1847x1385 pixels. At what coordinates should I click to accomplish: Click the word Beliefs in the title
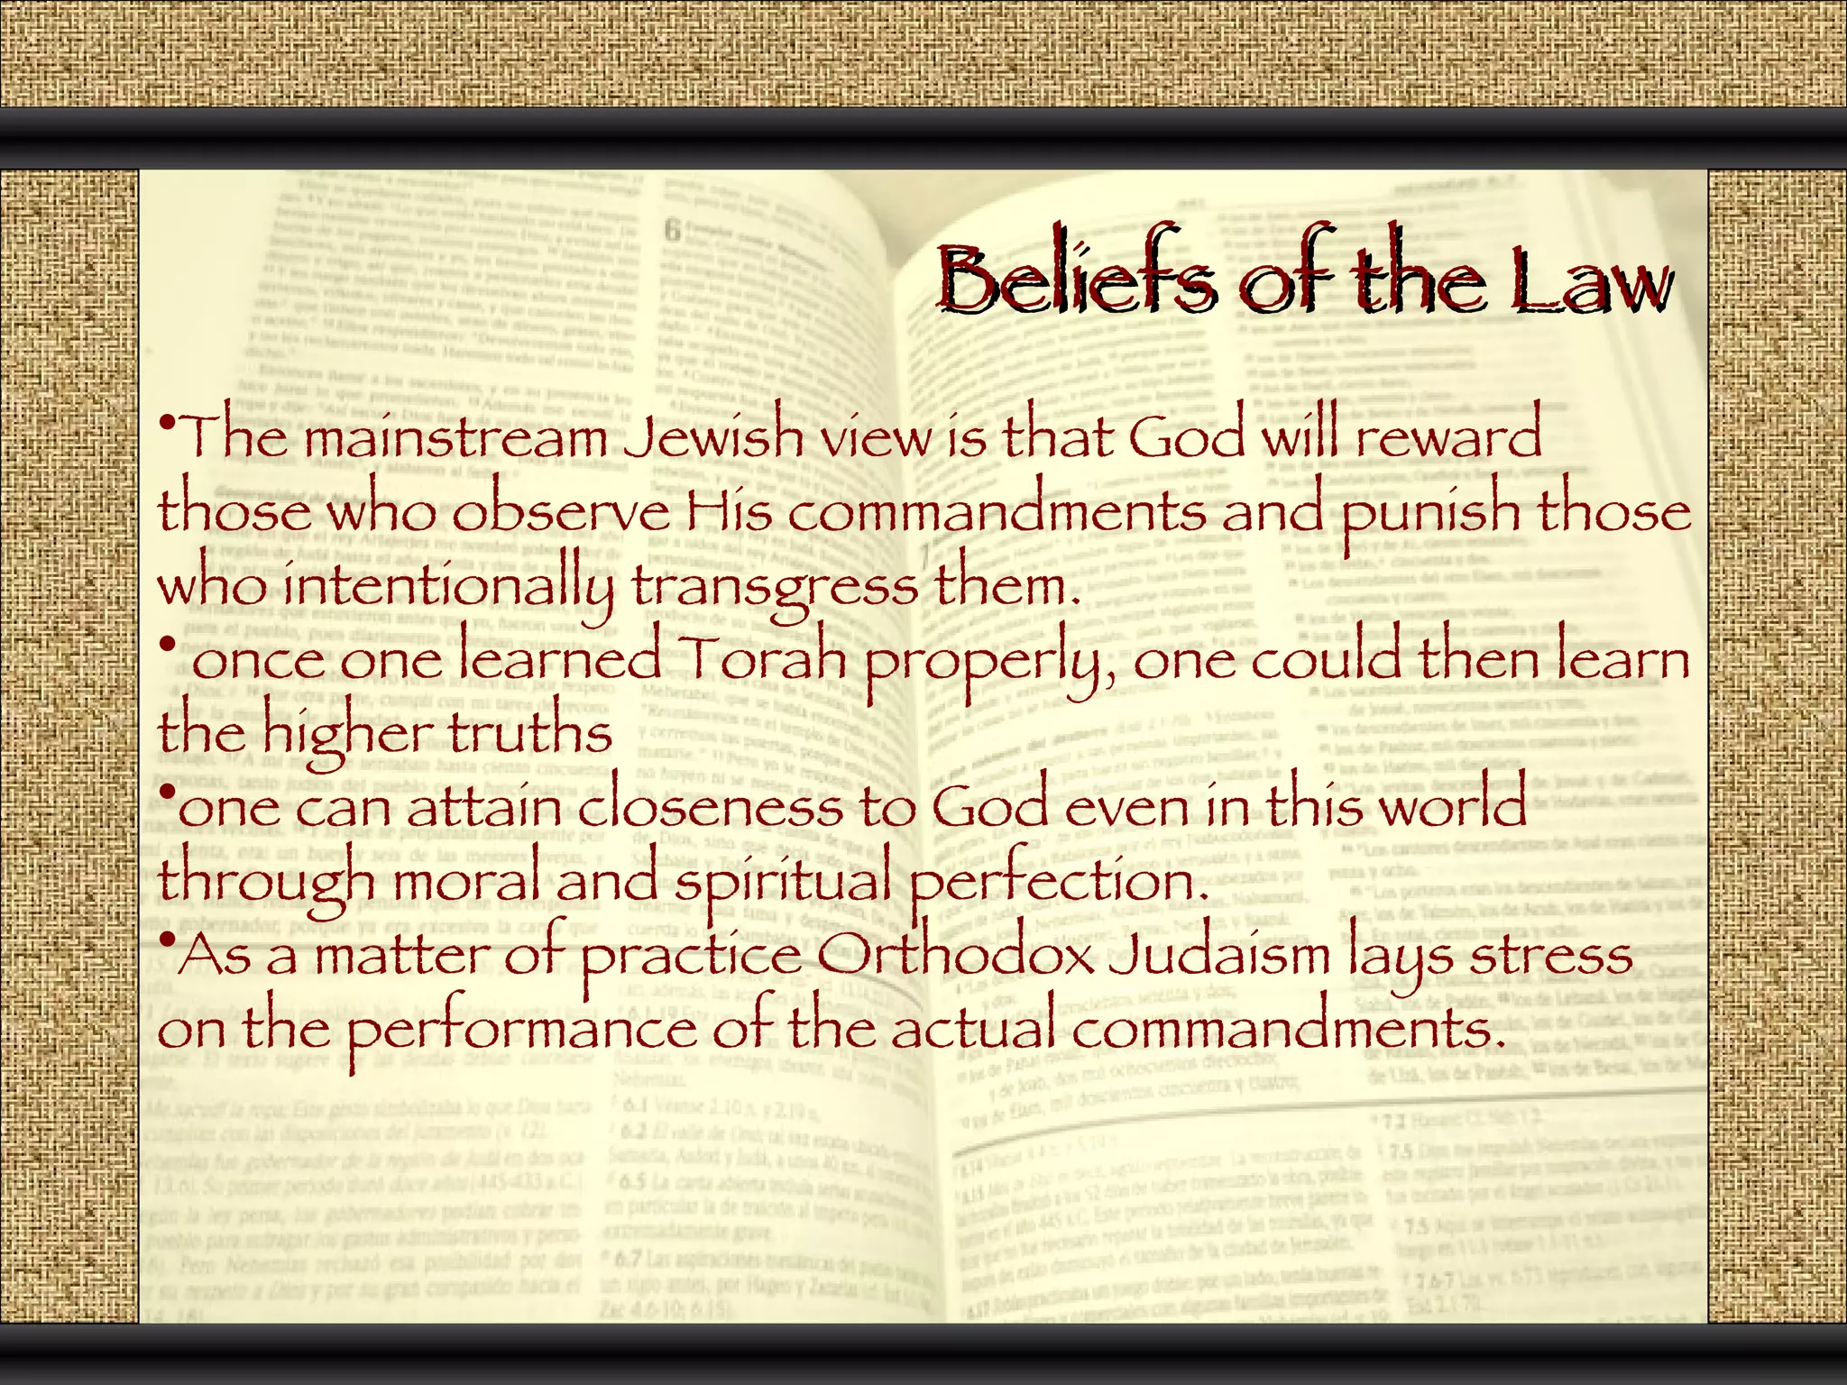pyautogui.click(x=1075, y=279)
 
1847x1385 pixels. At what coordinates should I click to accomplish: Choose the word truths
pyautogui.click(x=530, y=732)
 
